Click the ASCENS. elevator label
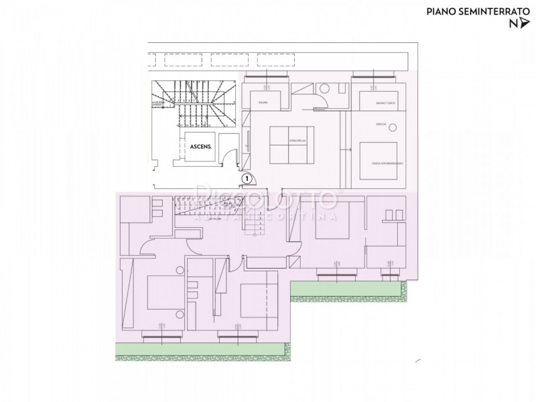point(201,145)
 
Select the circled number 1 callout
point(247,179)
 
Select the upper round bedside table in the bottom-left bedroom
point(180,270)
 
